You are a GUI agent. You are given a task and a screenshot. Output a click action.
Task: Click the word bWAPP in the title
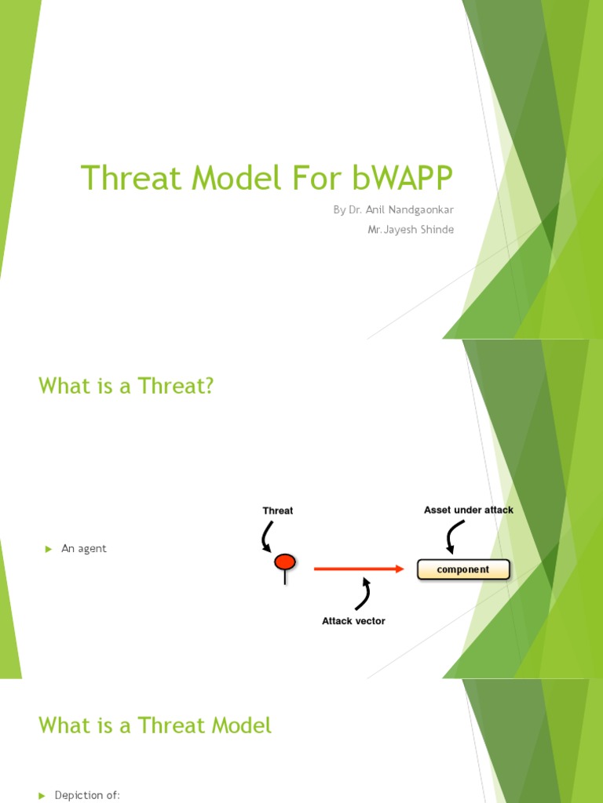[403, 179]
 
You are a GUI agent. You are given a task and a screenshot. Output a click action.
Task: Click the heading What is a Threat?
[126, 386]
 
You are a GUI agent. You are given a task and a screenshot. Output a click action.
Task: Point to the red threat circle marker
[284, 561]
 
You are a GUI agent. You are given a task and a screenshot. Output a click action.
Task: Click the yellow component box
[463, 570]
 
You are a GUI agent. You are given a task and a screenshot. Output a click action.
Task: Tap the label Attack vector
[353, 621]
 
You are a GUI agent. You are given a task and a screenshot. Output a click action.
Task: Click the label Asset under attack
[468, 510]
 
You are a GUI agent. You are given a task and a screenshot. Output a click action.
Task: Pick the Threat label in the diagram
[278, 511]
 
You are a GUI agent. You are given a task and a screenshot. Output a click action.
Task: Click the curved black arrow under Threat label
[268, 537]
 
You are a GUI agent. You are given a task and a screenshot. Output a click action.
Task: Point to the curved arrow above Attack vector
[363, 594]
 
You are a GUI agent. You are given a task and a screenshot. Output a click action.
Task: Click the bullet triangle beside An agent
[48, 549]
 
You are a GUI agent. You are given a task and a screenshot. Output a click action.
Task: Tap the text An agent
[84, 549]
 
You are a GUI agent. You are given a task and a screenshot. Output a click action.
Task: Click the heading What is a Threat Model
[155, 725]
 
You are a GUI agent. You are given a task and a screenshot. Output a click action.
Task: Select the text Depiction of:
[87, 795]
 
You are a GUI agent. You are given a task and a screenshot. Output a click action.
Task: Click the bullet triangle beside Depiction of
[42, 795]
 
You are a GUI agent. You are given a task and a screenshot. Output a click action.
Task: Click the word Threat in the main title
[129, 179]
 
